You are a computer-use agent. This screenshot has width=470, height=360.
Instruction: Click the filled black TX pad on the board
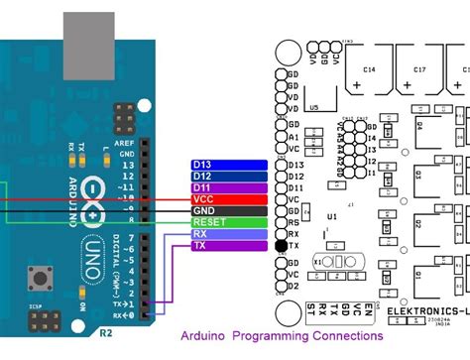[281, 246]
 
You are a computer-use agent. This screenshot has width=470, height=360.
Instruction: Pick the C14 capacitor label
[368, 69]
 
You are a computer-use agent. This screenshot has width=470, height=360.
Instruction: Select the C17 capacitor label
[419, 69]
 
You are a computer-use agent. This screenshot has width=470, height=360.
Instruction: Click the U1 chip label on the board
[332, 215]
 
